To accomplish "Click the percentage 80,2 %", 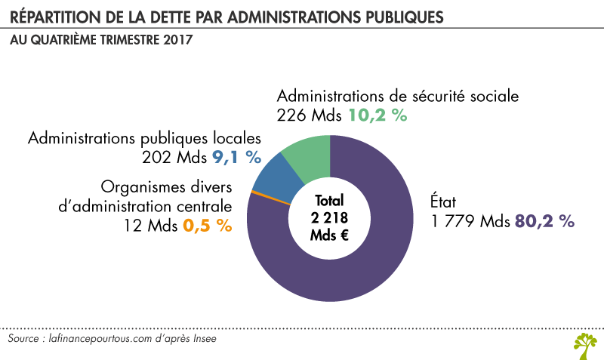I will (545, 221).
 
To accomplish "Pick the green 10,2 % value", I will (377, 115).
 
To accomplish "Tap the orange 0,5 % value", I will (207, 226).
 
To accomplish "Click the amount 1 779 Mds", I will (471, 221).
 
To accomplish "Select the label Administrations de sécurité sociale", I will (398, 97).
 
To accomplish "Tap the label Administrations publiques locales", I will (144, 139).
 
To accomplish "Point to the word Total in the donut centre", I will (330, 201).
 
